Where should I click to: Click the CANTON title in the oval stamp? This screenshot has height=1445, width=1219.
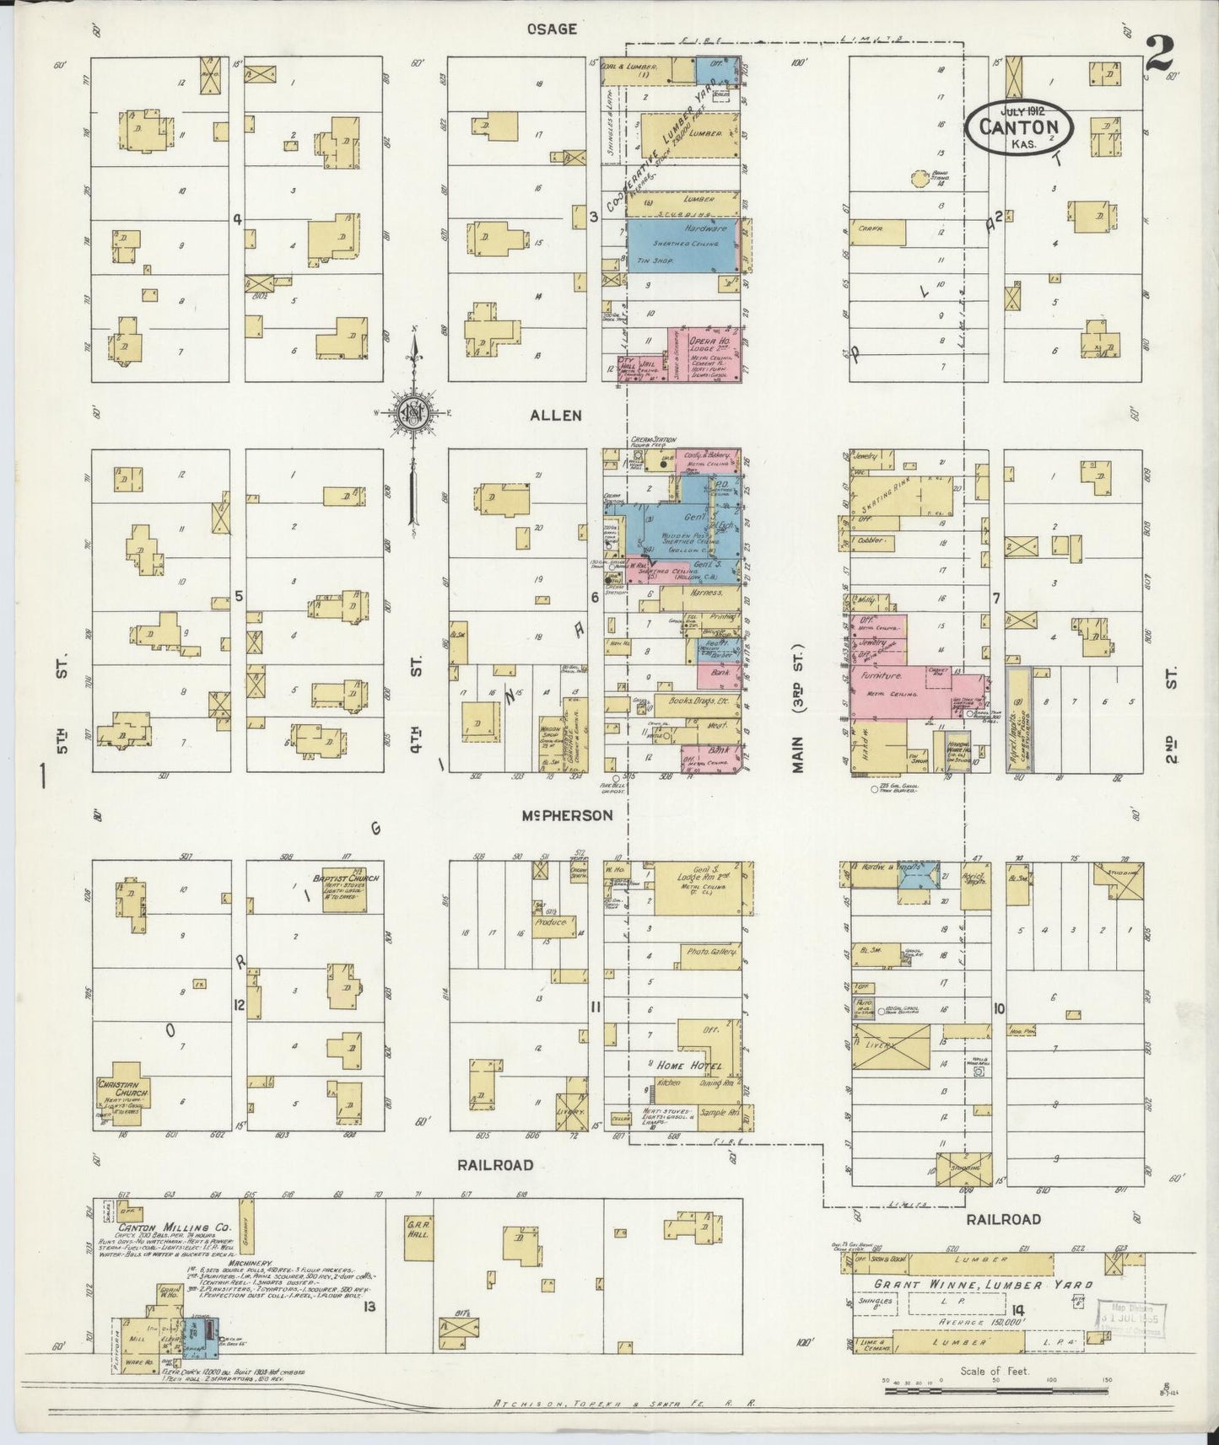pyautogui.click(x=1019, y=126)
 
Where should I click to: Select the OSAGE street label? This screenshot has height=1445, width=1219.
pyautogui.click(x=552, y=29)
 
